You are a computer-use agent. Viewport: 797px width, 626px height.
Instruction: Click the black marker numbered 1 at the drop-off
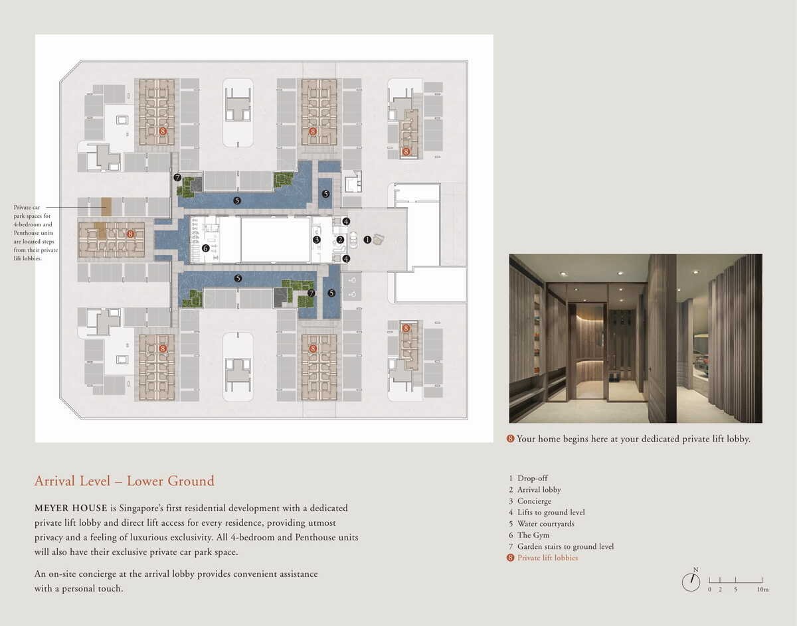(367, 240)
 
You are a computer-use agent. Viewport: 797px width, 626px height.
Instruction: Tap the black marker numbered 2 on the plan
(340, 240)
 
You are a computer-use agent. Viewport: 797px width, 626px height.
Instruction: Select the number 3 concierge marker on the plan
(317, 240)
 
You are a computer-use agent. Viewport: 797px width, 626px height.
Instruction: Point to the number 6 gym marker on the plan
(205, 248)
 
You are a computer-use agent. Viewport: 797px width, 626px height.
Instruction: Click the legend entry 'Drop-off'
(532, 479)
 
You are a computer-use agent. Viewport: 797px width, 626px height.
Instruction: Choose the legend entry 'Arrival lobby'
(539, 490)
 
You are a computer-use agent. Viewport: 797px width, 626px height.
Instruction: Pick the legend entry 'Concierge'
(534, 501)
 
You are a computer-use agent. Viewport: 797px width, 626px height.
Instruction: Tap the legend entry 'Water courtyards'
(546, 524)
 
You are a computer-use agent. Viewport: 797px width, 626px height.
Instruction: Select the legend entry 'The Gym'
(533, 535)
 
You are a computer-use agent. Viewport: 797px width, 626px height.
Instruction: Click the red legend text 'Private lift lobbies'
(547, 558)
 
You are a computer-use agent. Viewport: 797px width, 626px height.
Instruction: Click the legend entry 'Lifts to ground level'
(551, 512)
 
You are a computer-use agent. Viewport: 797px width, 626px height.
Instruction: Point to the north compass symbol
(691, 582)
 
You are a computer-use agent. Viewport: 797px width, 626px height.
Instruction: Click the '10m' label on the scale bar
(762, 589)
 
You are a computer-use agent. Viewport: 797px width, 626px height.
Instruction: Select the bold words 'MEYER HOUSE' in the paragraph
(71, 508)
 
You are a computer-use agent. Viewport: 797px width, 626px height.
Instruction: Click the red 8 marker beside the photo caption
(510, 439)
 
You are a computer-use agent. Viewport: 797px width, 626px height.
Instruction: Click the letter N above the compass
(696, 570)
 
